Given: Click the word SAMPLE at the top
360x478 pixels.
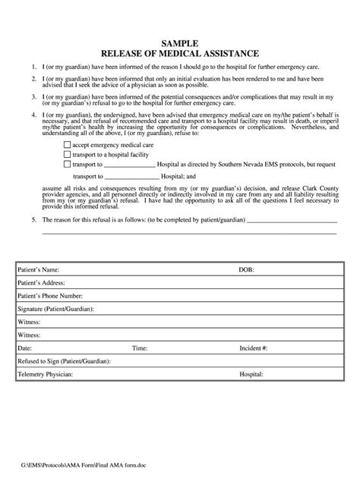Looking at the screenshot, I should click(x=180, y=43).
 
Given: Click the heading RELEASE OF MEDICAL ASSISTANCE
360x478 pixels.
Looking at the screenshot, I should click(x=180, y=54).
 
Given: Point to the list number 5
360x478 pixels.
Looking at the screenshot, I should click(x=33, y=220).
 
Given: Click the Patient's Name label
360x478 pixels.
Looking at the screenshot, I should click(x=37, y=269).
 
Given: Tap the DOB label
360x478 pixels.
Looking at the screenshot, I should click(x=247, y=269).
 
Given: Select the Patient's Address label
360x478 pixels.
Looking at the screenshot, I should click(x=41, y=283).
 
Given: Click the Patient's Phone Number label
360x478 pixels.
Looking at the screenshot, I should click(x=49, y=297).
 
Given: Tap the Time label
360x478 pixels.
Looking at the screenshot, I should click(x=140, y=348).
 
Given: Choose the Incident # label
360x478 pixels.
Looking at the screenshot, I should click(x=253, y=348).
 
